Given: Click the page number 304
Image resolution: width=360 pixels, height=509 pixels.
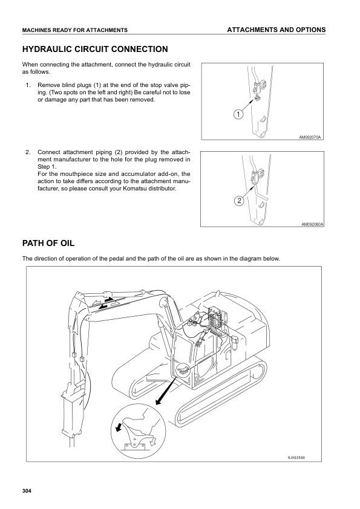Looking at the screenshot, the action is point(27,491).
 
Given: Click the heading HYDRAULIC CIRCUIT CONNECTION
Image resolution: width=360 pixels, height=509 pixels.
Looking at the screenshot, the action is point(95,50).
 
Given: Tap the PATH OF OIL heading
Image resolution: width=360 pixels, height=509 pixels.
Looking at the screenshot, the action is point(48,243).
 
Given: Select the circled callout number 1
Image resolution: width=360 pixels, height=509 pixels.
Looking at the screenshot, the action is point(238,114).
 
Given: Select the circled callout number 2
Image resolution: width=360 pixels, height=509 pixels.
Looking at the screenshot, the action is point(239,201).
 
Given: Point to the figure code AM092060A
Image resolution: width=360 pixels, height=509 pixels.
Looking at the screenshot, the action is point(312,224).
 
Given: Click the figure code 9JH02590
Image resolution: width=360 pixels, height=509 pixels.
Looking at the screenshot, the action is point(296,458).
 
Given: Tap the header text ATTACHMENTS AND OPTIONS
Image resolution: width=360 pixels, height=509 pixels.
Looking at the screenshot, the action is point(276,30).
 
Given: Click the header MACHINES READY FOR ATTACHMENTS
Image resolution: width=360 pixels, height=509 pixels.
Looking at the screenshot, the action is point(75,30).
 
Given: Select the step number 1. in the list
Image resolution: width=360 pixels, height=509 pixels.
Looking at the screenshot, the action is point(28,85).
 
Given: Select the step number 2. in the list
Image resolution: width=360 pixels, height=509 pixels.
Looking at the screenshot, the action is point(28,152).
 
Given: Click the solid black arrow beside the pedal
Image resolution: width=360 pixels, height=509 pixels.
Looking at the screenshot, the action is point(117,427).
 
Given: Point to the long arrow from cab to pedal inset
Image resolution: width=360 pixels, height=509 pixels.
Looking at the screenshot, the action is point(166,391).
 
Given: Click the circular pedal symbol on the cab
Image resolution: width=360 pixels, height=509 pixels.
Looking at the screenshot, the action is point(183,370).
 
